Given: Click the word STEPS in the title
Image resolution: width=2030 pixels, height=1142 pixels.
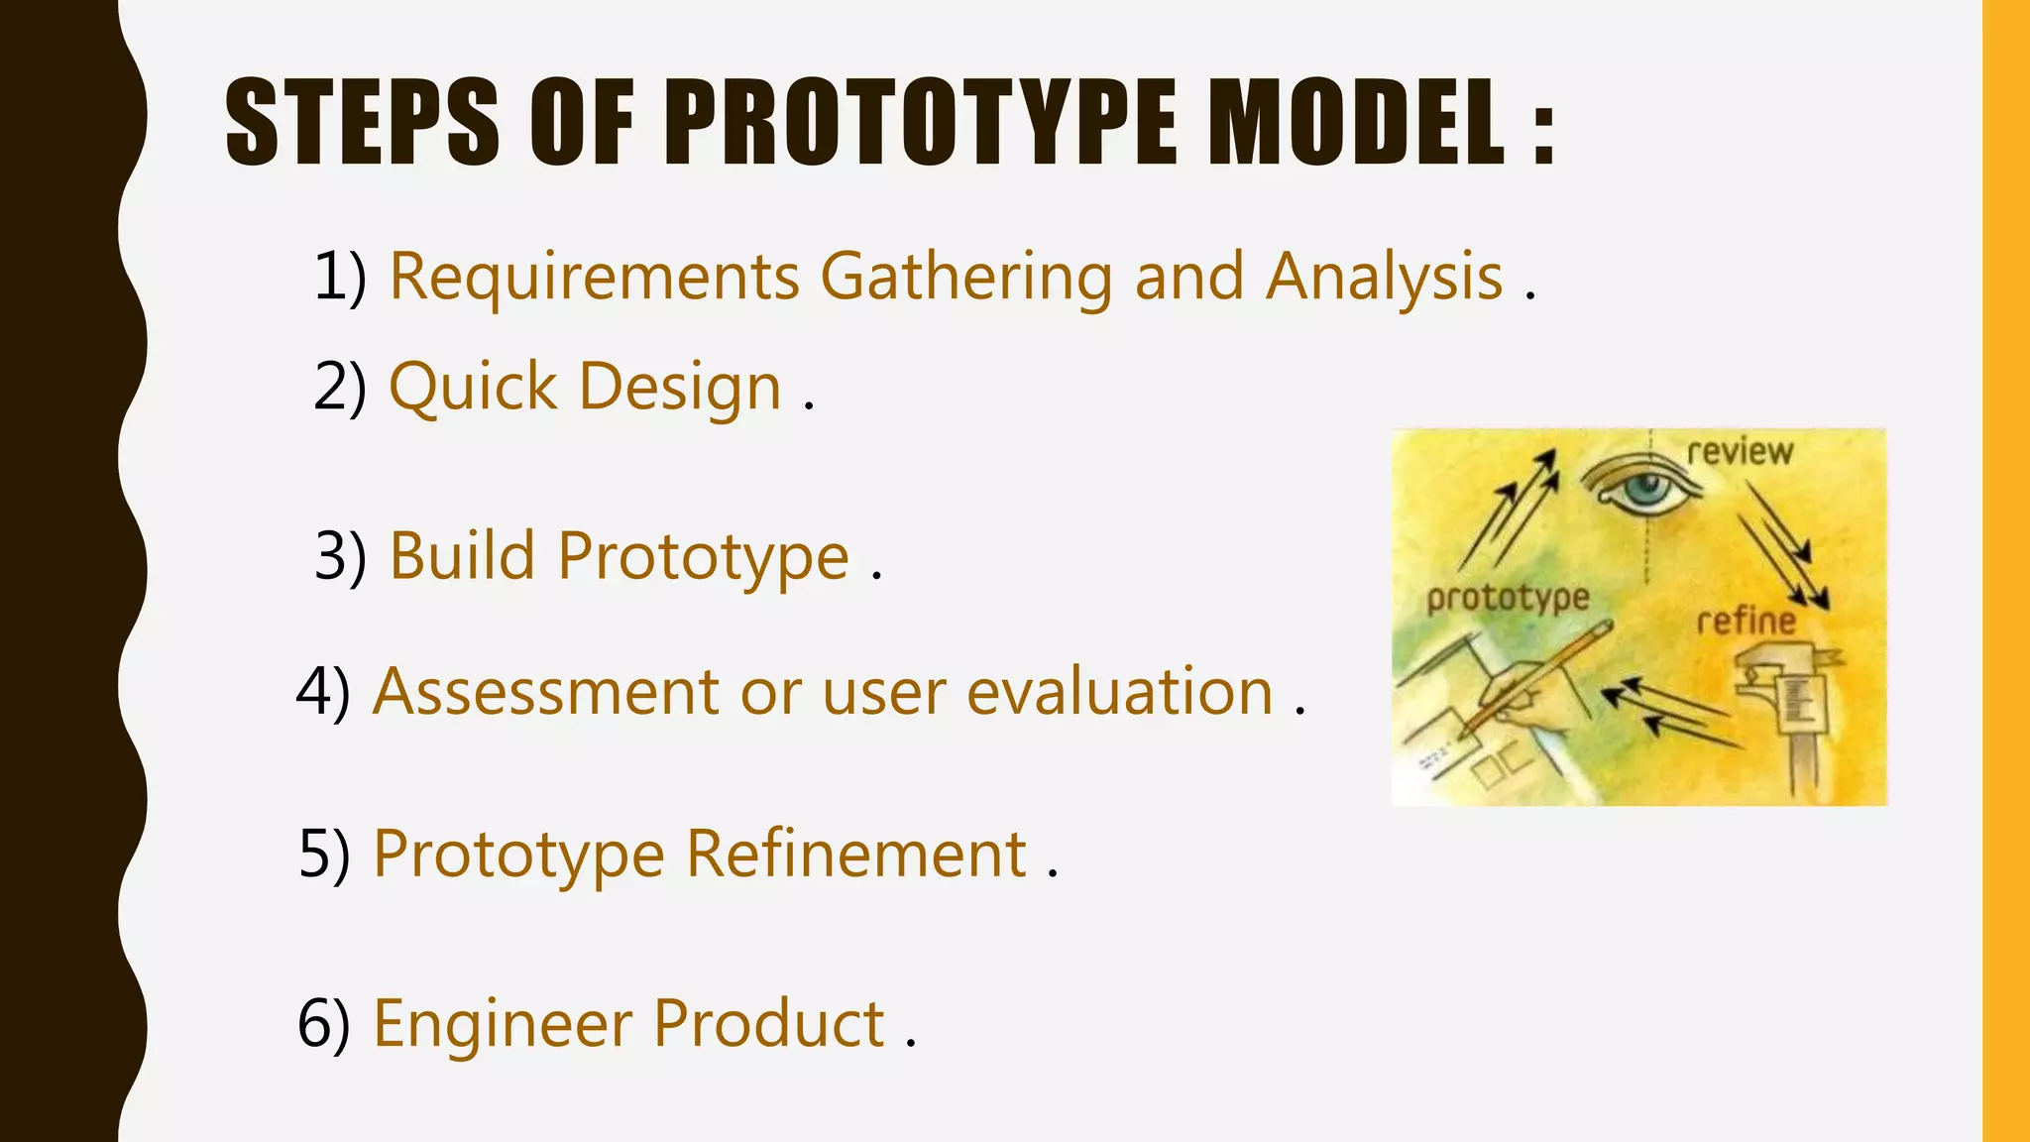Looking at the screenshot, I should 362,123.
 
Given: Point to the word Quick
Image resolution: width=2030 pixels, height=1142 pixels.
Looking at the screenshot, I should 473,387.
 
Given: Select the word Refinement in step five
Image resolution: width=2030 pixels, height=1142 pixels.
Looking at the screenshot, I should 856,854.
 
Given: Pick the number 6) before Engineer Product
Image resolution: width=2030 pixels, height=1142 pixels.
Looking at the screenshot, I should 324,1024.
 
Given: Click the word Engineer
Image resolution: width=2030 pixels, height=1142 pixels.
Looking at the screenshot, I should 502,1024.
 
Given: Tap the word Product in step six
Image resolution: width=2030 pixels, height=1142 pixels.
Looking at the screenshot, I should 768,1024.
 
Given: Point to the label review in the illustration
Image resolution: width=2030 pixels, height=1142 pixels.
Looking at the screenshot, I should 1740,452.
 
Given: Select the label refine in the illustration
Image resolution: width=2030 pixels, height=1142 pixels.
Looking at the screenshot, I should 1746,623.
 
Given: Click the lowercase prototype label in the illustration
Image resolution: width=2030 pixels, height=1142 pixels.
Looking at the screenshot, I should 1508,598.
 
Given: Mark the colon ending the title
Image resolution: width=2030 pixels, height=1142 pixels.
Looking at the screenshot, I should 1542,134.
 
